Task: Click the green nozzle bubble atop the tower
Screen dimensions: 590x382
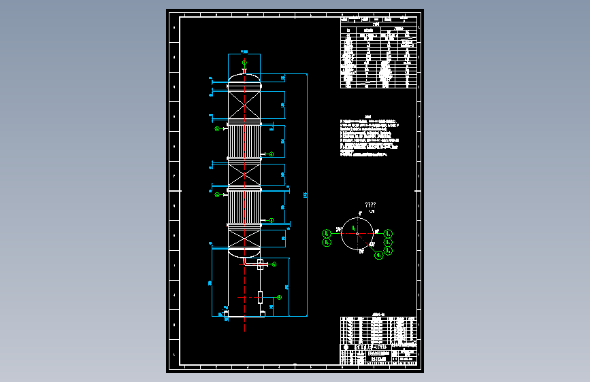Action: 244,62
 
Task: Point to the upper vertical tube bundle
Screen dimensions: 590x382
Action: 244,141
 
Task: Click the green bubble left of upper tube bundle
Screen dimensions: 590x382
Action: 217,128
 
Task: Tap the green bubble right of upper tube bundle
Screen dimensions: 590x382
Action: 272,154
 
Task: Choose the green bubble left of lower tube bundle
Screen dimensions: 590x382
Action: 217,195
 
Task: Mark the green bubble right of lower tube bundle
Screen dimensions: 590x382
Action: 272,220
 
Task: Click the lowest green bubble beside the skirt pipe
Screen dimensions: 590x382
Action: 279,297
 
